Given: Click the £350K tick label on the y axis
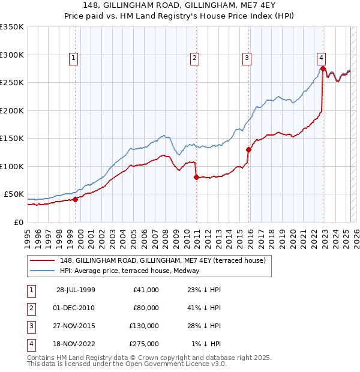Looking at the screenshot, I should coord(12,27).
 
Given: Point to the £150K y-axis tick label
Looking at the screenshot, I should coord(12,138).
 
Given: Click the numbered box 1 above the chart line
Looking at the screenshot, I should coord(73,58).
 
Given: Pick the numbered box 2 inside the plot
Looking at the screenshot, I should coord(195,58).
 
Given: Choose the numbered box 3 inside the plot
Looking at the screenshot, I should coord(247,58).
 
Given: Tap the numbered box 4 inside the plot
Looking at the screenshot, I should coord(322,58).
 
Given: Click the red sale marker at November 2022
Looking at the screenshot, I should coord(323,69).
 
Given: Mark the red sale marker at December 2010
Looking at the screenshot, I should coord(196,177).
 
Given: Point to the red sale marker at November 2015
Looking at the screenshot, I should coord(248,149).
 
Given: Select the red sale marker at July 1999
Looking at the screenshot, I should coord(76,199).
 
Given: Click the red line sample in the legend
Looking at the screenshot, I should coord(42,260).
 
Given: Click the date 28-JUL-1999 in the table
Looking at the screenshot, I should coord(76,290).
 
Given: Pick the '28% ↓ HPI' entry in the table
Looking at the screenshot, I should coord(204,326).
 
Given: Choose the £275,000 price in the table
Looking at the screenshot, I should coord(144,344).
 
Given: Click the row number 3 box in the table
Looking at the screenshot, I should coord(30,326).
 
